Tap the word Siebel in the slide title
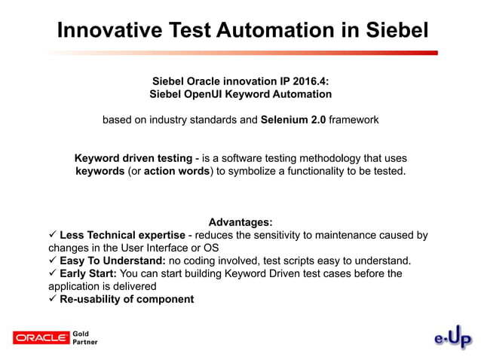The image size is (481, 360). (x=389, y=30)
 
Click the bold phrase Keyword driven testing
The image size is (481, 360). (x=133, y=158)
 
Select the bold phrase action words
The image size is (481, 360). (x=179, y=171)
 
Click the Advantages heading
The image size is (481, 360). (x=240, y=222)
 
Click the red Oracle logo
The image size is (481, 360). (x=41, y=337)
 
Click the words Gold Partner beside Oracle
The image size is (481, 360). (x=84, y=337)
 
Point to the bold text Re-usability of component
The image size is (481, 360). (x=127, y=299)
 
